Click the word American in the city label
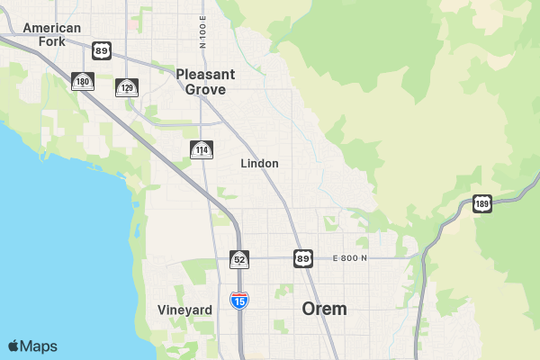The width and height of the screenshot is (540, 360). point(52,28)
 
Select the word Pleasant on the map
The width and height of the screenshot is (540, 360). point(205,75)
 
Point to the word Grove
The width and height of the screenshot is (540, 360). point(205,89)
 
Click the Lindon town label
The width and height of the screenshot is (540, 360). point(259,164)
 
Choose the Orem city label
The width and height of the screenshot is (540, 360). point(324,309)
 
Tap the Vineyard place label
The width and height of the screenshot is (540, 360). point(184,310)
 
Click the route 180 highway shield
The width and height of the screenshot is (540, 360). point(83,82)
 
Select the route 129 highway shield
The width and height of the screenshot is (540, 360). point(127,87)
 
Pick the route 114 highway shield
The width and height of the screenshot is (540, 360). point(202,149)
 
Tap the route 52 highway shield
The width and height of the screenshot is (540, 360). point(239,259)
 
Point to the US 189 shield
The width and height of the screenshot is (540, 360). point(482,203)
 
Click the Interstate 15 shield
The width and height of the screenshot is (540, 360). point(238,301)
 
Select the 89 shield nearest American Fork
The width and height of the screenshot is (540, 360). point(102,50)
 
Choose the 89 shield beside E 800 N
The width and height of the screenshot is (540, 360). point(303,259)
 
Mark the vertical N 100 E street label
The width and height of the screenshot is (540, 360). point(203,31)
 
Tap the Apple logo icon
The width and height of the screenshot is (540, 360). point(14,346)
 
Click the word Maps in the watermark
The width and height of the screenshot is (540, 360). point(40,346)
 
